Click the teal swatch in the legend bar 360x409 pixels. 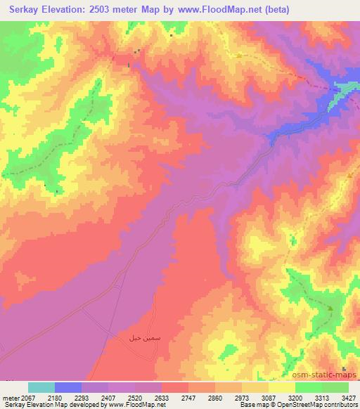[x=41, y=387]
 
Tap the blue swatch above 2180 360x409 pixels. [x=67, y=387]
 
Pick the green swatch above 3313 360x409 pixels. [x=308, y=387]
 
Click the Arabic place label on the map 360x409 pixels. [x=138, y=338]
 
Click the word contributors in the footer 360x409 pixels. [x=340, y=405]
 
